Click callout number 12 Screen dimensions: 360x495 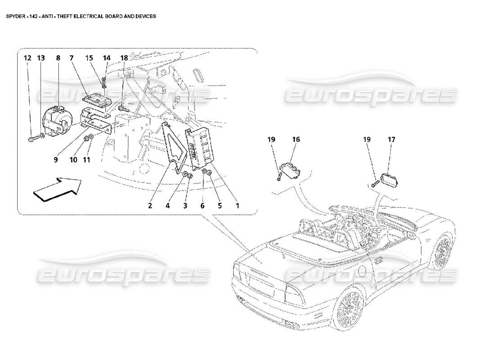point(27,58)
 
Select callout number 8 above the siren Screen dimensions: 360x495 point(58,58)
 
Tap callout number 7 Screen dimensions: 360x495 point(71,58)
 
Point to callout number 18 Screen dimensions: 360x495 point(124,58)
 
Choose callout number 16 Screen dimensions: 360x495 point(296,140)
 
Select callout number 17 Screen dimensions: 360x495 point(391,140)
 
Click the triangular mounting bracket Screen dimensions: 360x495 point(175,144)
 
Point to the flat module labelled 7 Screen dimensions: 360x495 point(96,99)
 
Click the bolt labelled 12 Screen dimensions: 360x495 point(32,139)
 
